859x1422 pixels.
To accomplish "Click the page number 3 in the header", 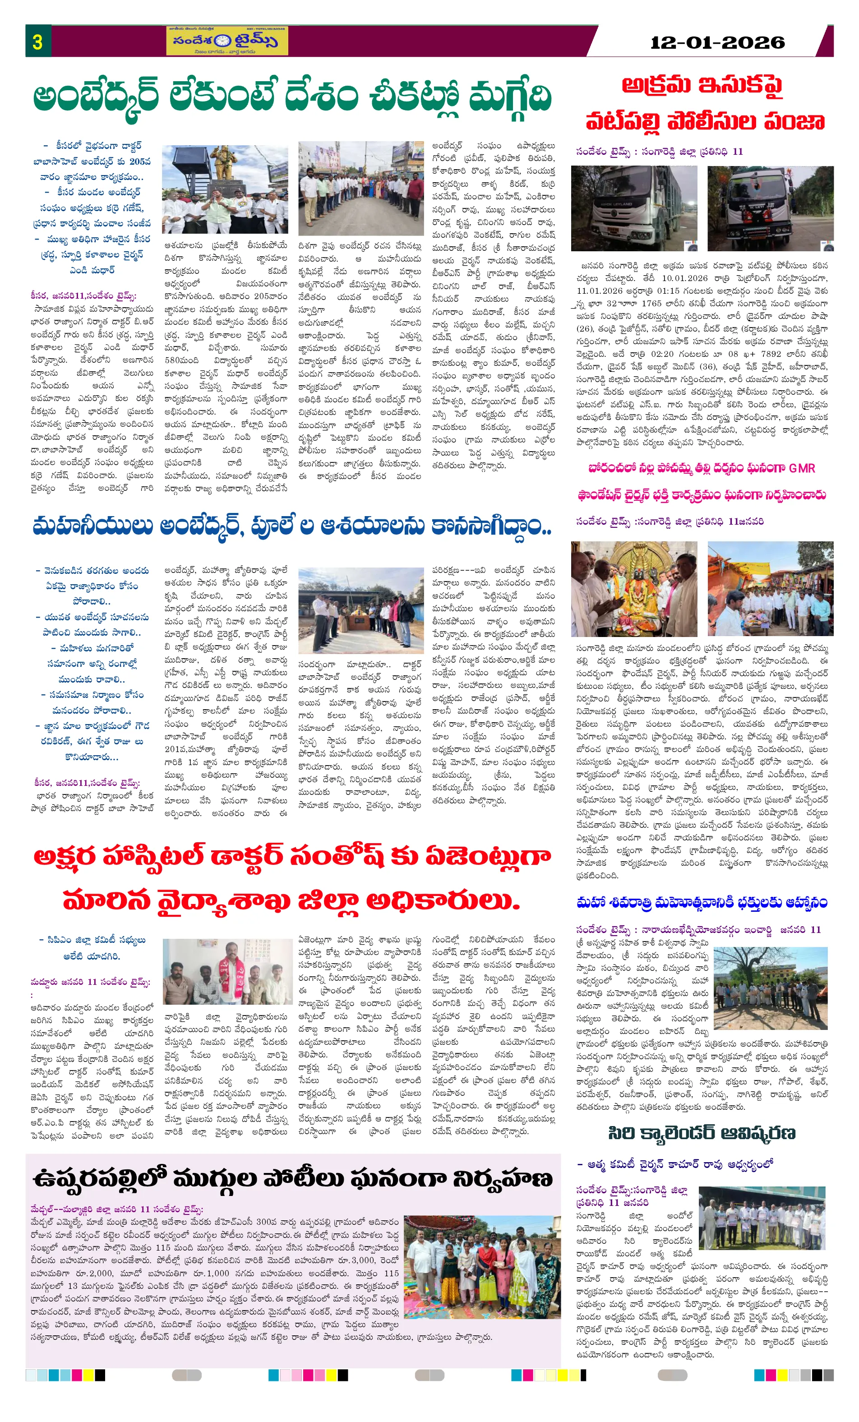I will (37, 42).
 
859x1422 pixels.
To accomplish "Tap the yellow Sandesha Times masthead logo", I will (227, 41).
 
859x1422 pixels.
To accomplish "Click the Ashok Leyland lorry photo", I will (633, 208).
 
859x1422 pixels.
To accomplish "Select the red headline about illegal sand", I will (704, 104).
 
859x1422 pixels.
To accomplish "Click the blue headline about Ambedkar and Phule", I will (292, 526).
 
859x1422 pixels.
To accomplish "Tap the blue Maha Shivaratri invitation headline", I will (702, 903).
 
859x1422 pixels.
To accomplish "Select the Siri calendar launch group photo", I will (762, 1218).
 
